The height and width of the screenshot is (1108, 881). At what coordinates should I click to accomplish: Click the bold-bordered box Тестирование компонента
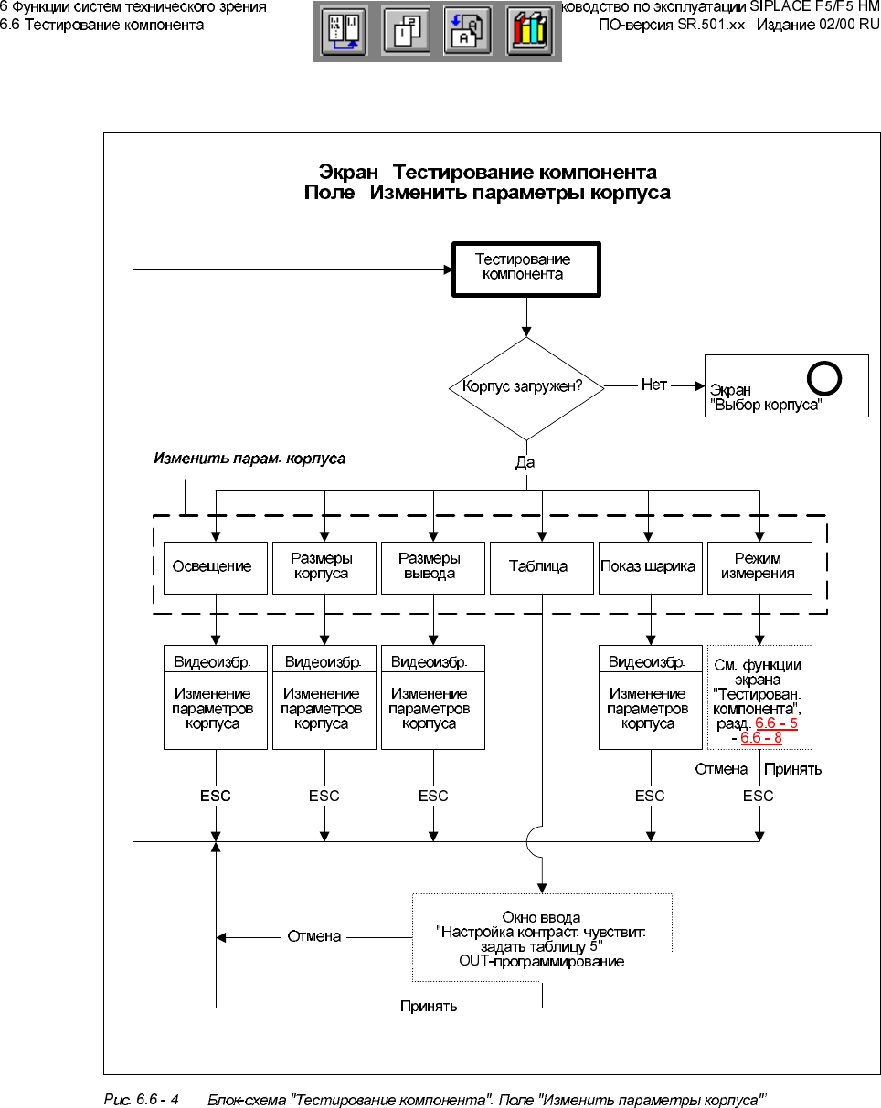(x=527, y=269)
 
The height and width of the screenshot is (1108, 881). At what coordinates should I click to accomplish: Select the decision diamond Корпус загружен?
(x=527, y=387)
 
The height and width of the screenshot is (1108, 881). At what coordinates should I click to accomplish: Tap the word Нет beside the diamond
(x=653, y=385)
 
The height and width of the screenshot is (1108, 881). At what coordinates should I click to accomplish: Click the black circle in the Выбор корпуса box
(x=823, y=378)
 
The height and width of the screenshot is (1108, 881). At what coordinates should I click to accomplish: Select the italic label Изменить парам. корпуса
(x=249, y=459)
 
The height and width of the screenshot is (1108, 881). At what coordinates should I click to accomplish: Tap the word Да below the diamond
(x=525, y=463)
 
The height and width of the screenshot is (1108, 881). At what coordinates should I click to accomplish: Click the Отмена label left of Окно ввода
(x=314, y=936)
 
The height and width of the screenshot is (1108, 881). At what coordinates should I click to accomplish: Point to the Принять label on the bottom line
(x=429, y=1007)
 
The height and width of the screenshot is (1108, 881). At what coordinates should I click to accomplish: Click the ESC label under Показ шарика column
(x=650, y=796)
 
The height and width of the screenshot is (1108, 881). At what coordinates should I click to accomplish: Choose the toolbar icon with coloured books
(x=529, y=33)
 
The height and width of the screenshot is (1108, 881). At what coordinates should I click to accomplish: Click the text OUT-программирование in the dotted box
(x=542, y=962)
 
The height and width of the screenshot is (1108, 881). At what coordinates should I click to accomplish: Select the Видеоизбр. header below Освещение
(x=216, y=660)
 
